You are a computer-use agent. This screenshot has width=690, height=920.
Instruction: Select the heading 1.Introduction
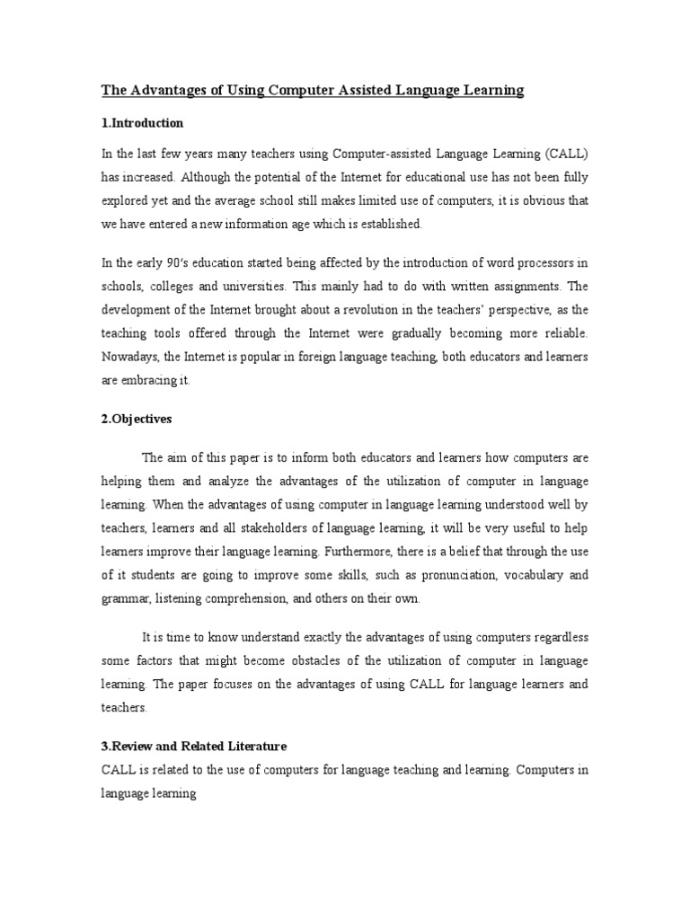click(x=142, y=122)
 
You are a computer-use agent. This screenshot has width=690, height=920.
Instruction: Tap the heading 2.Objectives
click(x=136, y=419)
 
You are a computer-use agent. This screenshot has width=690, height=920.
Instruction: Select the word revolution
click(x=380, y=309)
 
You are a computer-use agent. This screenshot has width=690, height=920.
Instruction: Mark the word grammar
click(x=126, y=598)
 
